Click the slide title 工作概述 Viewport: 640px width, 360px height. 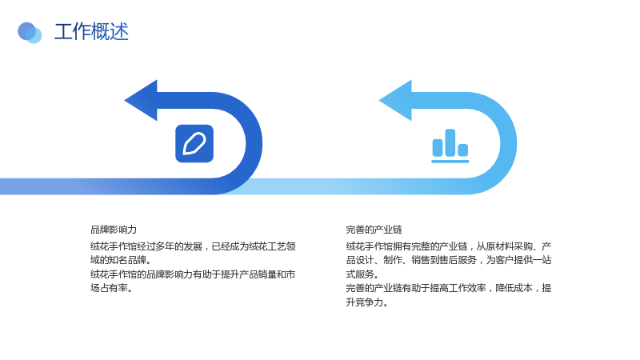click(x=91, y=31)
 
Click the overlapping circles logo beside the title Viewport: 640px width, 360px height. click(x=30, y=33)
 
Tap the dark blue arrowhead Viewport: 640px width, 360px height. click(x=142, y=101)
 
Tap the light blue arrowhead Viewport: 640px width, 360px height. click(x=396, y=101)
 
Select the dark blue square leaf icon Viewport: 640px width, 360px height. click(x=194, y=144)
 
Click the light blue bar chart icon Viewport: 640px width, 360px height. click(x=450, y=146)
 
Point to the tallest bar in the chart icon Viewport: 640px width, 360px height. click(x=450, y=142)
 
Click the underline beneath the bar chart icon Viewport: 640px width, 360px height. click(x=450, y=162)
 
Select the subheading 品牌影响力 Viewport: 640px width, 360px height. click(x=114, y=230)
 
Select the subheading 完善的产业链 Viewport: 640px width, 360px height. click(x=374, y=230)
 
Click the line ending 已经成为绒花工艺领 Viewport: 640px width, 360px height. click(x=193, y=246)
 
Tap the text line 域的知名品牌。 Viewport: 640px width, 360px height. click(x=121, y=260)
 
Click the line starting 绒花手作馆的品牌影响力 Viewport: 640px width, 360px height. click(x=193, y=274)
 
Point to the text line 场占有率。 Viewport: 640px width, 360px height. click(x=111, y=288)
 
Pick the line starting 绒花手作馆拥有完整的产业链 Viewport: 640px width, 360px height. click(x=449, y=246)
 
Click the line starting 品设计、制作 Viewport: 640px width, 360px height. click(x=449, y=260)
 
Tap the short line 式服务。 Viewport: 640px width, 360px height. click(x=362, y=274)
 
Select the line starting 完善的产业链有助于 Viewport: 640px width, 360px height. click(x=449, y=288)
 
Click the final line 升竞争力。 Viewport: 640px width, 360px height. click(x=367, y=302)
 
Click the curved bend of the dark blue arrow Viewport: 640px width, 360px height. click(x=254, y=143)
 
